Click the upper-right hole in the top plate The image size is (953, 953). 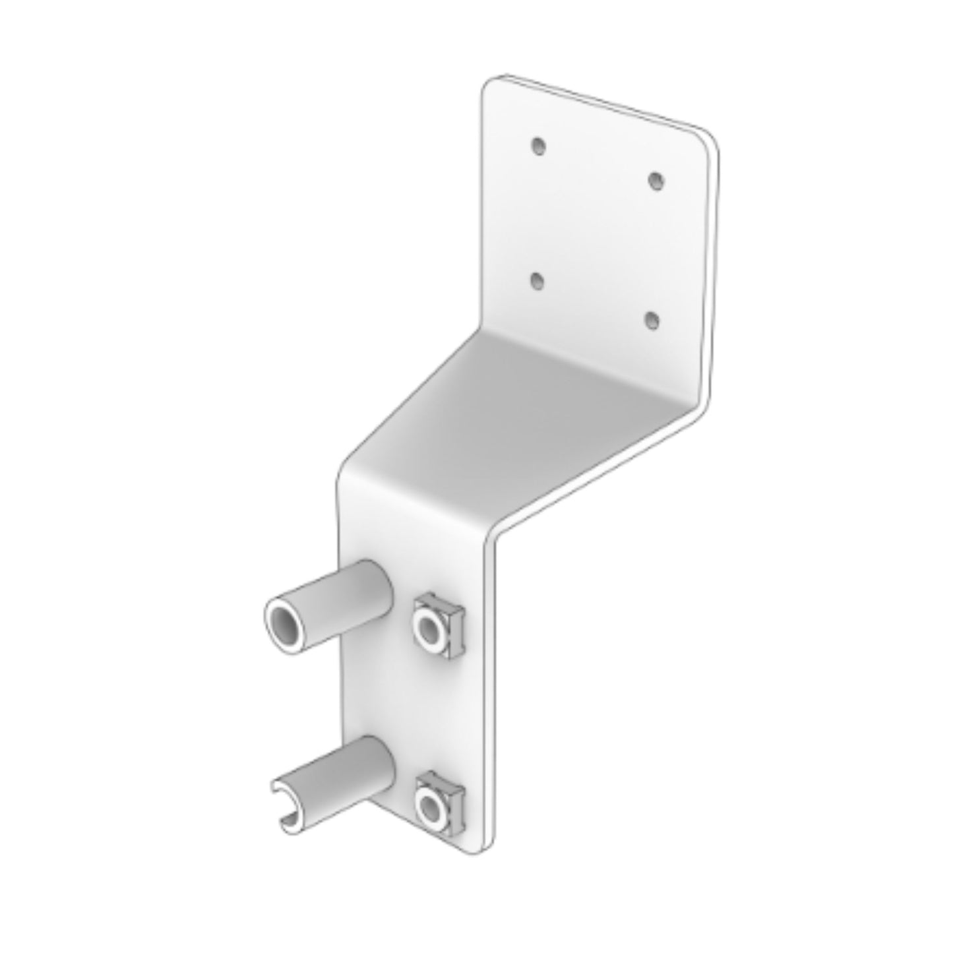pyautogui.click(x=655, y=181)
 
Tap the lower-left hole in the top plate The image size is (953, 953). pyautogui.click(x=538, y=281)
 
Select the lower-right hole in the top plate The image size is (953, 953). pyautogui.click(x=652, y=321)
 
